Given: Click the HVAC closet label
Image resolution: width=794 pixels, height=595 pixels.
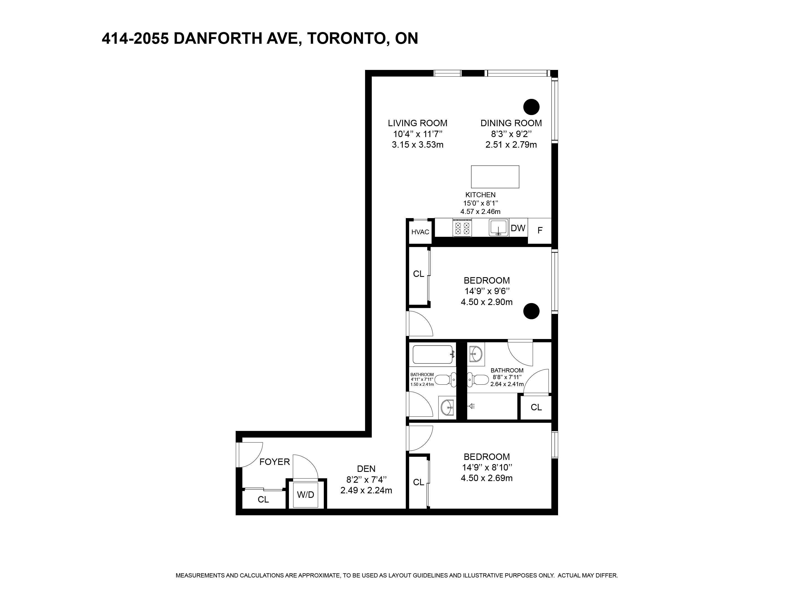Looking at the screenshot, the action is pos(420,232).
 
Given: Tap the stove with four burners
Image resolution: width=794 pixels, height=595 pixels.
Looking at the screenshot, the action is pos(462,228).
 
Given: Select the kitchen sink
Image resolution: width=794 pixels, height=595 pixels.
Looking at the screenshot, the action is pos(499,228).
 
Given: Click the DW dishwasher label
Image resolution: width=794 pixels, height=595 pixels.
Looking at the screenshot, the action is pos(518,228).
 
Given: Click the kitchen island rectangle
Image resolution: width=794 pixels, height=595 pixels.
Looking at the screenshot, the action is pos(495,177).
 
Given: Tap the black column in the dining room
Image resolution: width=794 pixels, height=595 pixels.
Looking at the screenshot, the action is pos(531,107).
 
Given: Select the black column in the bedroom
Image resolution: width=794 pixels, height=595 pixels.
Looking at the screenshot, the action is pos(531,311).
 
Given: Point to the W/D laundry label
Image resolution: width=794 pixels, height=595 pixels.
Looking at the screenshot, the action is pos(305,495).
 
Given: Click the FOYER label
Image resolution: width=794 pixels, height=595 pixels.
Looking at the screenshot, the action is pos(275,462).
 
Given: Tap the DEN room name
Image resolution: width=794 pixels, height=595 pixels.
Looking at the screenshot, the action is pos(366,469).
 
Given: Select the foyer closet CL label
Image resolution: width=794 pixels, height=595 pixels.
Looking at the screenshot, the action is pos(263,499).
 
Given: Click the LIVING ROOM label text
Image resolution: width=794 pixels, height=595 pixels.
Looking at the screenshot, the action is pos(417,123).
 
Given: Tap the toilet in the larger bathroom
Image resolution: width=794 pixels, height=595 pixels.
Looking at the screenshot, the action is pos(477,379).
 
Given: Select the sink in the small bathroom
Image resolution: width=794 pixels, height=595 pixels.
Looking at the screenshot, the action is pos(447,407).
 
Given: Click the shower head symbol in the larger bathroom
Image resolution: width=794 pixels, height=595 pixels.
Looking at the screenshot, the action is pos(471,406).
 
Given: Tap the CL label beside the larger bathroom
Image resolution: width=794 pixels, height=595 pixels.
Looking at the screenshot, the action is pos(536,407).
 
